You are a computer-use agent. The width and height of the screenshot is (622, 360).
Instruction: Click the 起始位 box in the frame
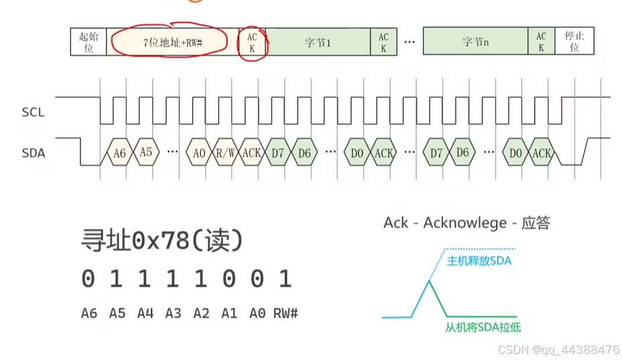coord(88,42)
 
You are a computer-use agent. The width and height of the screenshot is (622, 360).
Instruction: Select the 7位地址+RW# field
coord(173,42)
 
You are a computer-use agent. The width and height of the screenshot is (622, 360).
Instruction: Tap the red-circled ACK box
coord(252,42)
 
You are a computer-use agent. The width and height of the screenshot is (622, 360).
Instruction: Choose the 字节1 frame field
coord(318,42)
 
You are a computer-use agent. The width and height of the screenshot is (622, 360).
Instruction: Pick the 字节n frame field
coord(475,42)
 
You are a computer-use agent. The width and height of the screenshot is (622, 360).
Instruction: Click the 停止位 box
coord(574,42)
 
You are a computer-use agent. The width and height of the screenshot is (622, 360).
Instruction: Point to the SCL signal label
coord(33,113)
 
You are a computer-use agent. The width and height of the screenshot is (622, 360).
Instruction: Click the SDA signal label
coord(33,153)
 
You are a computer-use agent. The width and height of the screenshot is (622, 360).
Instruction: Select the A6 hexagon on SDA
coord(119,153)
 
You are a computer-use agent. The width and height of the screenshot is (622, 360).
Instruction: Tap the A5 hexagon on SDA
coord(146,152)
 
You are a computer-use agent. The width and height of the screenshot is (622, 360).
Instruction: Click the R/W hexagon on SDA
coord(225,153)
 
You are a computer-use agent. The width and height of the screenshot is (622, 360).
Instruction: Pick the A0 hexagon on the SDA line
coord(199,153)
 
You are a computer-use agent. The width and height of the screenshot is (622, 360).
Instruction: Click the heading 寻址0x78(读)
coord(161,241)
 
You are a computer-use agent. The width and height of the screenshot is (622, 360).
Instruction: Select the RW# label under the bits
coord(286,313)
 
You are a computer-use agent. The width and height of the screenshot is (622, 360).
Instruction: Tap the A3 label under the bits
coord(174,313)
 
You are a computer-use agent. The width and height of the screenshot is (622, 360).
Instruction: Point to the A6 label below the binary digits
coord(89,313)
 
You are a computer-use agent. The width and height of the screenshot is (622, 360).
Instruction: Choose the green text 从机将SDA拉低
coord(483,327)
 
